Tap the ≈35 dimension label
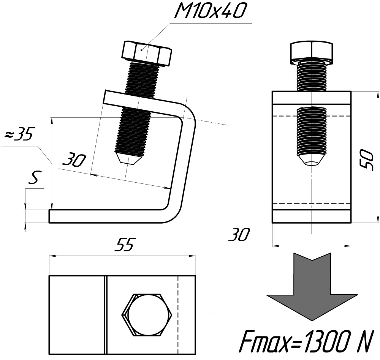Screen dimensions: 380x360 [x=19, y=134]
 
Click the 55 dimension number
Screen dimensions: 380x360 [x=125, y=244]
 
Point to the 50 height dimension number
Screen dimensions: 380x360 [x=366, y=159]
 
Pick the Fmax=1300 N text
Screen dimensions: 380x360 [x=305, y=342]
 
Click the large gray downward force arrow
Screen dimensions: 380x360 [x=312, y=286]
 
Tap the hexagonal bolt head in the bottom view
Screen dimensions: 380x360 [x=147, y=315]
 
